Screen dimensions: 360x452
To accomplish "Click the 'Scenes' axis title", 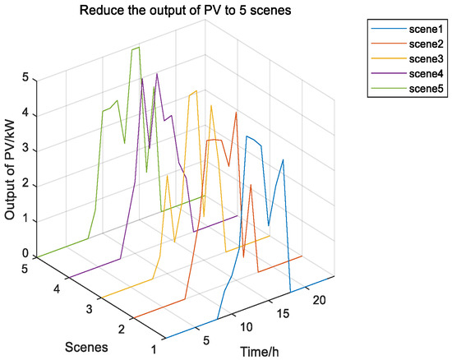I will (87, 346).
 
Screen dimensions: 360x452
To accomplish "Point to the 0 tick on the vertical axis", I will (26, 253).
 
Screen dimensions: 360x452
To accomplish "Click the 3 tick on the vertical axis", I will (26, 148).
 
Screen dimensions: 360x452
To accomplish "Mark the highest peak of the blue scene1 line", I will (247, 136).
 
